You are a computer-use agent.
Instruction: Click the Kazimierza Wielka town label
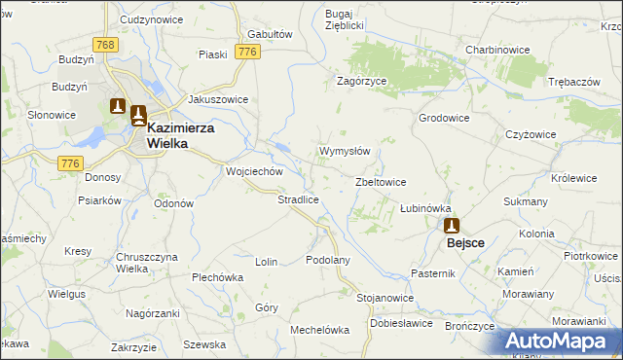(181, 134)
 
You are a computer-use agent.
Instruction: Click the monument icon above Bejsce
(453, 225)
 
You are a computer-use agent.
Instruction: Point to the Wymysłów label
(345, 152)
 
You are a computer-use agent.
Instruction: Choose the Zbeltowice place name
(382, 182)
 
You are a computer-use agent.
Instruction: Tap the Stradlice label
(299, 199)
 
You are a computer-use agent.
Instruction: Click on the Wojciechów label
(254, 171)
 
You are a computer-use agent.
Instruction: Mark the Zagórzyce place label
(362, 82)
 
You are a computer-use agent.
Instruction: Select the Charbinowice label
(496, 49)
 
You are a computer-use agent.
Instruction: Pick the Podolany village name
(327, 260)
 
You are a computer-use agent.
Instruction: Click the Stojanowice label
(385, 297)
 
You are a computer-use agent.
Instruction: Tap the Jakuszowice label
(218, 99)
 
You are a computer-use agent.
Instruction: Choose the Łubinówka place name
(426, 208)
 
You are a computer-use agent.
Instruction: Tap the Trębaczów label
(573, 82)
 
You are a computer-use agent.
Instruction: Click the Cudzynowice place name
(152, 19)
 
